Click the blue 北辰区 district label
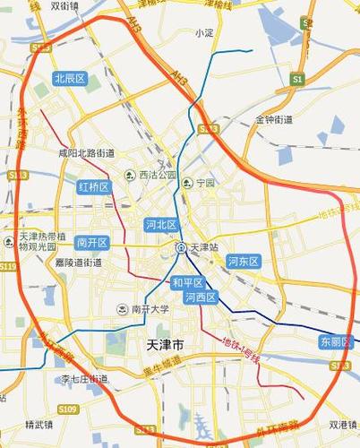[69, 79]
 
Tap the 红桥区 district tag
[92, 187]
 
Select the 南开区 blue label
[92, 242]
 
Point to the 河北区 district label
[162, 225]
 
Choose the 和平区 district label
[188, 282]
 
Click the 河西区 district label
[200, 297]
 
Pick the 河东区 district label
[243, 262]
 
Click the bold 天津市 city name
[164, 345]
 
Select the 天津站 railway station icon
[181, 247]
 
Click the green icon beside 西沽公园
[130, 175]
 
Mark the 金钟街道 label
[273, 119]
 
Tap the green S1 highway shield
[298, 80]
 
